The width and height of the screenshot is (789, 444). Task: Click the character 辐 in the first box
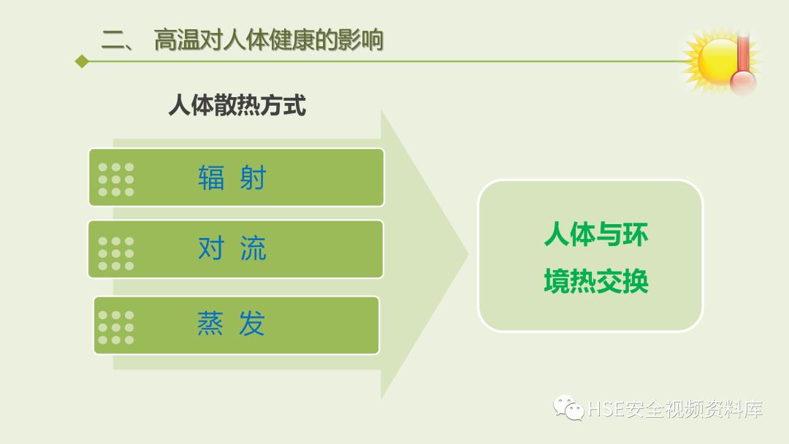point(211,177)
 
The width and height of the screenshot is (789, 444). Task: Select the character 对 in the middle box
point(211,249)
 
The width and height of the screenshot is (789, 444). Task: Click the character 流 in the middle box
point(254,249)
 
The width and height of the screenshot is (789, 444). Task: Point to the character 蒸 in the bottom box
point(210,324)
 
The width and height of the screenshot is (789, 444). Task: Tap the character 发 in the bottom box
point(253,324)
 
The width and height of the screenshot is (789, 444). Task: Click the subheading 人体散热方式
point(237,106)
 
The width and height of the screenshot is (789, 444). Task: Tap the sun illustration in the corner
point(714,60)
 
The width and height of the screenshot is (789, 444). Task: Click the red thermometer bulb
point(743,82)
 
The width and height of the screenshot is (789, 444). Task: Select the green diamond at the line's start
point(82,61)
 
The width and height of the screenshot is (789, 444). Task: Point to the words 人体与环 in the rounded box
point(595,235)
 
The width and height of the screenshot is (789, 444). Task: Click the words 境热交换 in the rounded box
point(595,281)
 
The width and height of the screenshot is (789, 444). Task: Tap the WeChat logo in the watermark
point(568,407)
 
